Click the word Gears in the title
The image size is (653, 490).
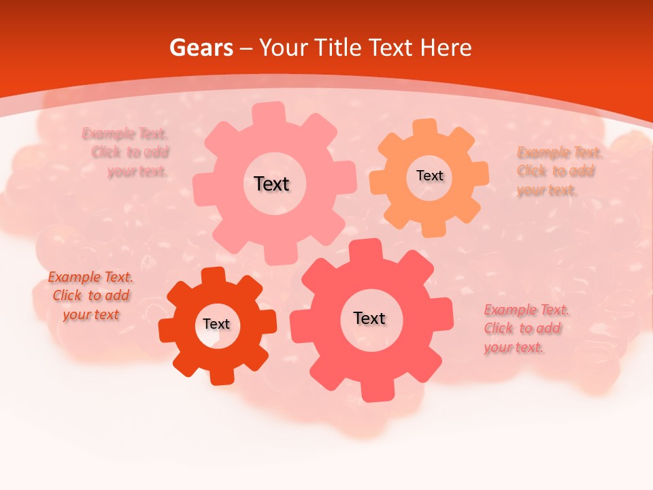click(201, 48)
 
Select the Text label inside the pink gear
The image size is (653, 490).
click(271, 184)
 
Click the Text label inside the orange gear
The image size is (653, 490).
click(429, 176)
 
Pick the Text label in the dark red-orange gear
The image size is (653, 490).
click(216, 324)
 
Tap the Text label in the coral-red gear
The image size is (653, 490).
click(369, 318)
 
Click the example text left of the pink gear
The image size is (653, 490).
click(129, 152)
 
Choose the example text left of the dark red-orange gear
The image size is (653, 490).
click(90, 296)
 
